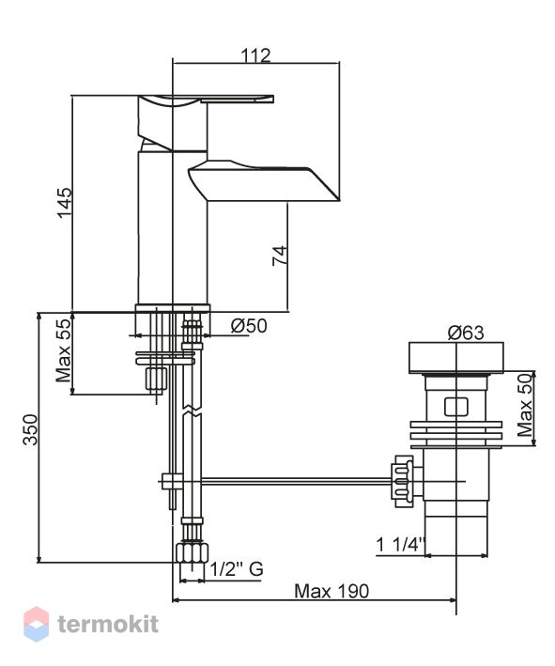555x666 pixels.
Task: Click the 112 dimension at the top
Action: (x=255, y=54)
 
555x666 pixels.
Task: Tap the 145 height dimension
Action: (x=65, y=203)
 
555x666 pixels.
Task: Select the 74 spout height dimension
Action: (x=280, y=256)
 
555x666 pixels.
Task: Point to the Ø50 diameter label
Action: (x=249, y=326)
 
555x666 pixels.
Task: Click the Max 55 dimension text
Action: (x=63, y=350)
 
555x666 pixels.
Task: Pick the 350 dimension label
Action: (x=30, y=429)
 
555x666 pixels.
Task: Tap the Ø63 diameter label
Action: (x=466, y=333)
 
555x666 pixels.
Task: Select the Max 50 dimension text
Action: (x=525, y=405)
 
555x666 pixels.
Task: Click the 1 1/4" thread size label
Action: (x=401, y=544)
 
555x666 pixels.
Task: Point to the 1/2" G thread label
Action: (x=237, y=568)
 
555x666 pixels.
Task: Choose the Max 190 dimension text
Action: (x=331, y=591)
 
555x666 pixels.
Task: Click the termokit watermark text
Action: (x=108, y=624)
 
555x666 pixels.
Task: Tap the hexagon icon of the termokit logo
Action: (x=36, y=624)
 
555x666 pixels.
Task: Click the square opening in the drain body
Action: (x=456, y=407)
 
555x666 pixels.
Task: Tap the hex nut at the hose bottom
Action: (x=193, y=551)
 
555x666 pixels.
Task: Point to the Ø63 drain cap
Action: (x=456, y=358)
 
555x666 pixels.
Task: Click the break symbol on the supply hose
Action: (x=193, y=411)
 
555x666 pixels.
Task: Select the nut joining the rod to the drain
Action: (x=402, y=481)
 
